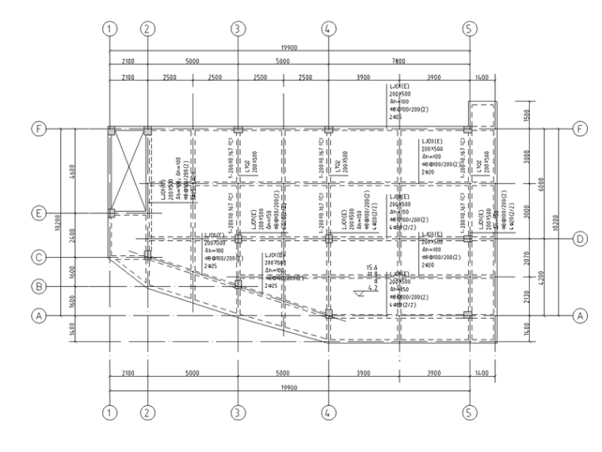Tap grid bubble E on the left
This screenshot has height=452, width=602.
(36, 213)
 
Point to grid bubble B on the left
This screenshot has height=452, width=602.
(36, 285)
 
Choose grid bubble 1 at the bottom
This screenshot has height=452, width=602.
(111, 412)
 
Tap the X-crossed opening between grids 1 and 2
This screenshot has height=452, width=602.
(128, 170)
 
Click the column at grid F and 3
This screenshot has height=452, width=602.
(238, 129)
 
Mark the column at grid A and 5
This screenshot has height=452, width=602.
(468, 315)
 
